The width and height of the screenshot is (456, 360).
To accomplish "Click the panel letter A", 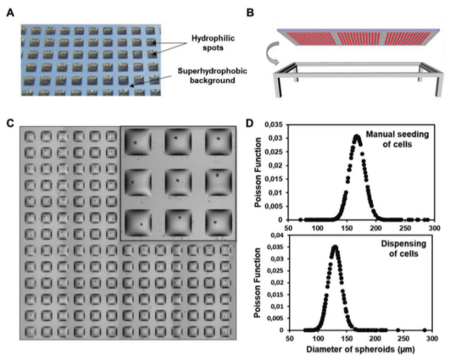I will [x=10, y=13].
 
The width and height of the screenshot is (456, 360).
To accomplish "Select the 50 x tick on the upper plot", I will [x=289, y=229].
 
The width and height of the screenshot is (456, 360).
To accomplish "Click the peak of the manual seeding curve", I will [x=357, y=136].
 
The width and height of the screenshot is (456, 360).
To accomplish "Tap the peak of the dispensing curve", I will [x=335, y=246].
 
